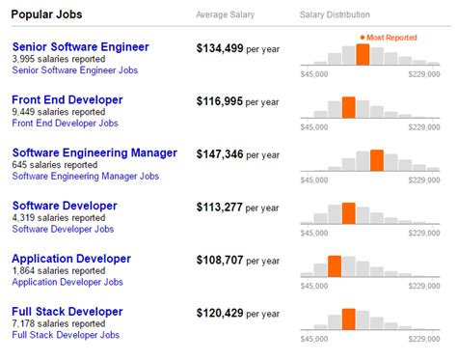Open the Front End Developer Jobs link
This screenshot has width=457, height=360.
(x=66, y=124)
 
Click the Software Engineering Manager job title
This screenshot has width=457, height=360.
(x=94, y=152)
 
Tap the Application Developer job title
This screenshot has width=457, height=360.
(x=71, y=259)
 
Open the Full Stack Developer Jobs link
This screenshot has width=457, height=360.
(x=66, y=335)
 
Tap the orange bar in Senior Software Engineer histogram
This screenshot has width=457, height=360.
(x=363, y=54)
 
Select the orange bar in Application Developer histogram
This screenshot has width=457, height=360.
(x=335, y=266)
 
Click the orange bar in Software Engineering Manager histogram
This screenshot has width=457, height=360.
(x=376, y=160)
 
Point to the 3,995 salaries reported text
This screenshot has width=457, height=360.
(x=59, y=59)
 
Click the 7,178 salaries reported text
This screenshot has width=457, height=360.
(x=59, y=323)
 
